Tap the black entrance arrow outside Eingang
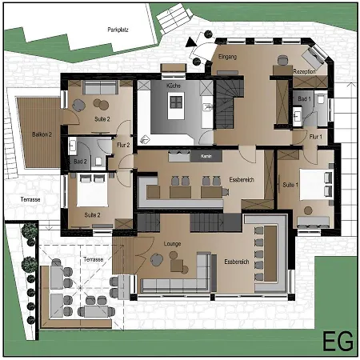click(x=190, y=40)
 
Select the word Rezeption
click(x=305, y=72)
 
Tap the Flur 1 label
click(x=316, y=137)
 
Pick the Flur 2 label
click(x=122, y=146)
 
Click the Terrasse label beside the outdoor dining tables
click(x=93, y=260)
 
